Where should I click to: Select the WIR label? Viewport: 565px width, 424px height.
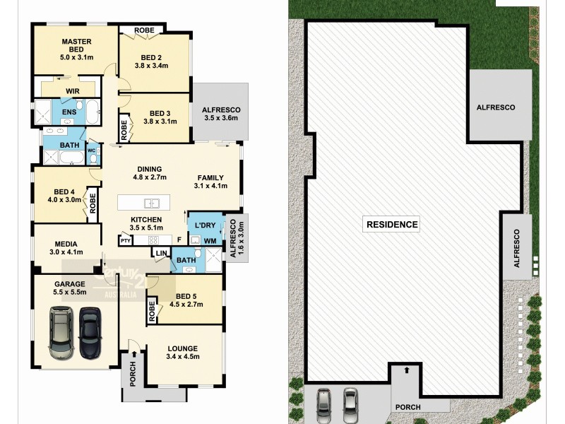pos(72,91)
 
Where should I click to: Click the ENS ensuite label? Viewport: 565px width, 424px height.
pos(69,112)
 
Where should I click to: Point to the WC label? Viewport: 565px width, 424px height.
pos(91,151)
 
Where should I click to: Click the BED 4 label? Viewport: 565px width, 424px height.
pos(64,192)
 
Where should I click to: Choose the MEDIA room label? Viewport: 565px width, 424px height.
pos(66,242)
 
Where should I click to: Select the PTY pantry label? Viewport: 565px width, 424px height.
pos(126,241)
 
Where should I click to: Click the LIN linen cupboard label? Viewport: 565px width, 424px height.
pos(161,252)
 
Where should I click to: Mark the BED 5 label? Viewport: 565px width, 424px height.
pos(185,295)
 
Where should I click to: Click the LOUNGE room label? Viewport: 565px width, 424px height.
pos(182,348)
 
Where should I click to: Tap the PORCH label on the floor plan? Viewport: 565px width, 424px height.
pos(131,373)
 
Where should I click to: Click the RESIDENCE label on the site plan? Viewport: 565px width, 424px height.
pos(392,225)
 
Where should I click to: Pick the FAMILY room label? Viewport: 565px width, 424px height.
pos(210,178)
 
